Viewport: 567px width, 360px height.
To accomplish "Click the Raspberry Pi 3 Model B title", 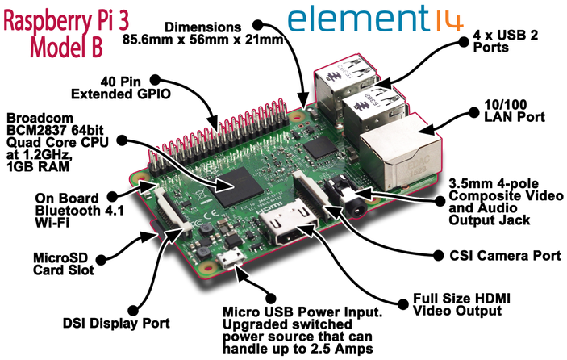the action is pos(66,34).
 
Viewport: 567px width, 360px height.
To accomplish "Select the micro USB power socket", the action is pos(231,259).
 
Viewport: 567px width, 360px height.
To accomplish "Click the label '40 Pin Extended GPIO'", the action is pos(121,87).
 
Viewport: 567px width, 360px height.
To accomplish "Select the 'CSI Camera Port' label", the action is pos(505,255).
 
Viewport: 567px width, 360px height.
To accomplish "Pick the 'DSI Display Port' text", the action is pos(116,323).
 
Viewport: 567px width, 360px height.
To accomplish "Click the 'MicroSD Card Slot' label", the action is pos(64,264).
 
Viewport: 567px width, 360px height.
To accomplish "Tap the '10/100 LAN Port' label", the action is pos(515,111).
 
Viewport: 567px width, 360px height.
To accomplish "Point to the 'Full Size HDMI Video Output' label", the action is pos(461,304).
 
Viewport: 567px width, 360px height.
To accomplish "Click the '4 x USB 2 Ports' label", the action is pos(505,41).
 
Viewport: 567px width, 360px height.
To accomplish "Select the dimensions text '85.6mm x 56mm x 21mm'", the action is pos(202,40).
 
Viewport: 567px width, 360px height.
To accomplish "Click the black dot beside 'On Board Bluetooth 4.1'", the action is pos(112,196).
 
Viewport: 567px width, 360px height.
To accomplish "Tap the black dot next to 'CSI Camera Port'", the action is pos(438,255).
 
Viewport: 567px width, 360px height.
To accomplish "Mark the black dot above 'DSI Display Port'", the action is pos(133,311).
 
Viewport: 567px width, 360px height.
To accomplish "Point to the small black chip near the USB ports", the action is pos(319,149).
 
